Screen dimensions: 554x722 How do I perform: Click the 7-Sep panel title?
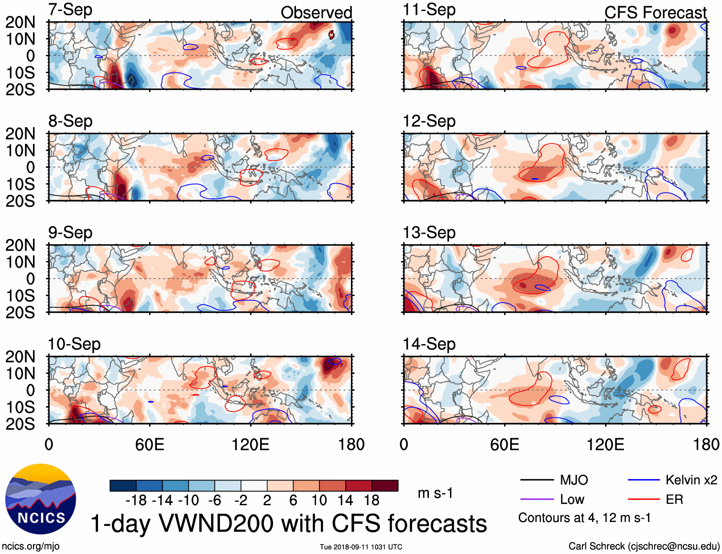(70, 10)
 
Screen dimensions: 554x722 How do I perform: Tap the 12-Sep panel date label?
(429, 121)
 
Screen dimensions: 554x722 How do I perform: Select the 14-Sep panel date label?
(429, 344)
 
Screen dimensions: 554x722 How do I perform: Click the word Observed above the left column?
(316, 13)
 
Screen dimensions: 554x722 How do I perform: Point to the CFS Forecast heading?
(655, 13)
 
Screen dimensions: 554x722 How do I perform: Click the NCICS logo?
(40, 499)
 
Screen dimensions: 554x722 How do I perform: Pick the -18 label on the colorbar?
(136, 500)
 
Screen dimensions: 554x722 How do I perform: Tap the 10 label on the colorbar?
(319, 500)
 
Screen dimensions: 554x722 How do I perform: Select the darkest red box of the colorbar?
(385, 486)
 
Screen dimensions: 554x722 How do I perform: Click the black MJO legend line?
(536, 480)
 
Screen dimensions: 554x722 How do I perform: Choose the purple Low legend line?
(536, 500)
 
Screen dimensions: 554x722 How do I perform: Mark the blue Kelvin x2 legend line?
(644, 480)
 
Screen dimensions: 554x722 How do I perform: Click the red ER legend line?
(644, 500)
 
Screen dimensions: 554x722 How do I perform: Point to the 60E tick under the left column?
(150, 445)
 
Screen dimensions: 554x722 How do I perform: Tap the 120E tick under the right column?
(605, 445)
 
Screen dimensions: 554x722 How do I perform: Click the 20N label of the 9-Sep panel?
(20, 245)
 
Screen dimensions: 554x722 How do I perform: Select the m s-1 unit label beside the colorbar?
(435, 493)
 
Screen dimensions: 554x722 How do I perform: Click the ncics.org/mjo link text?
(31, 546)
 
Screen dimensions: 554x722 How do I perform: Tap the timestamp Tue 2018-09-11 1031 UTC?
(361, 547)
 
